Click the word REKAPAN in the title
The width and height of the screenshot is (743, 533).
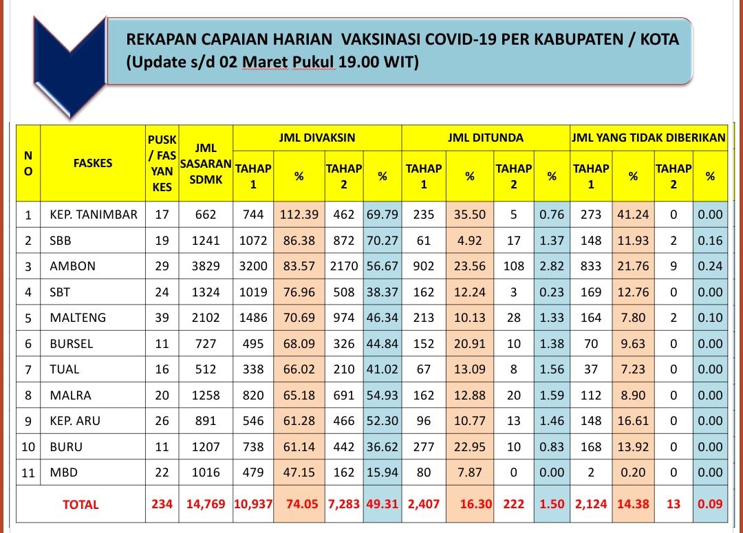coord(161,39)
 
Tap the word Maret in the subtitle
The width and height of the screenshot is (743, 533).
coord(265,63)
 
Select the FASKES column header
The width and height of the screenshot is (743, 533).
coord(93,163)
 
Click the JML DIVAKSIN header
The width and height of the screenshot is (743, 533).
coord(317,138)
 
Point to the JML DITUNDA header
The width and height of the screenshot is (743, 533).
coord(485,138)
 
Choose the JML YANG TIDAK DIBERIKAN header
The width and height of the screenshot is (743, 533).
coord(648,138)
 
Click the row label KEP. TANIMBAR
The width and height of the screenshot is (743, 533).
coord(94,215)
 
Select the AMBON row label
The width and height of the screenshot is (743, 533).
coord(73,266)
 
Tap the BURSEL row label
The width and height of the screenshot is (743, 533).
coord(72,343)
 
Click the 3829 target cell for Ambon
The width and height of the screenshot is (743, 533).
coord(206,266)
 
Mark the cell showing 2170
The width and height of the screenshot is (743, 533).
coord(343,266)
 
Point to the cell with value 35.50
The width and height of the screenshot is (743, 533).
coord(470,215)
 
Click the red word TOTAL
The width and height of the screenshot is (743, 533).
coord(80,504)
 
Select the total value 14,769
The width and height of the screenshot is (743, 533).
coord(206,503)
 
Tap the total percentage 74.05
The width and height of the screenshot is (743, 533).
coord(301,503)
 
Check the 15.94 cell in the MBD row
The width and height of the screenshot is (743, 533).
coord(382,472)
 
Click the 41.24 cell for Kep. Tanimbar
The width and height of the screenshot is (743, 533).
coord(633,215)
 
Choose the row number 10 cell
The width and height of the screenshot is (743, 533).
coord(28,446)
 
